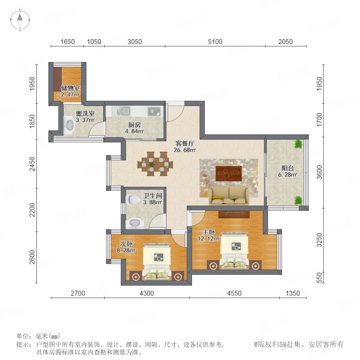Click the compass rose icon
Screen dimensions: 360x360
tap(20, 20)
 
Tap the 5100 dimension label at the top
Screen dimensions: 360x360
tap(215, 42)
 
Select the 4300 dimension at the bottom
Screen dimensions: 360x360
tap(147, 293)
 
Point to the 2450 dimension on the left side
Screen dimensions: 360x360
tap(32, 164)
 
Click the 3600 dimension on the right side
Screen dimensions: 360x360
tap(319, 172)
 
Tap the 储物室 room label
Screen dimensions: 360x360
tap(70, 88)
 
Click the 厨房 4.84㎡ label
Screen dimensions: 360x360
tap(134, 128)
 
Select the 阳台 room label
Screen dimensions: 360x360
tap(288, 168)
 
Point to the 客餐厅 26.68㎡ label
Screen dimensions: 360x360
tap(185, 147)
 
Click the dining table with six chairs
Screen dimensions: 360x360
tap(155, 164)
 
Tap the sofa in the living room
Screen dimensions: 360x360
tap(229, 196)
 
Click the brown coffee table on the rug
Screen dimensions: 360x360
tap(229, 173)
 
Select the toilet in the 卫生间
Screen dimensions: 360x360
tap(133, 200)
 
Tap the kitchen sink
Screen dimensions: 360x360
tap(125, 111)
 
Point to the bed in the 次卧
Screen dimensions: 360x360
tap(157, 262)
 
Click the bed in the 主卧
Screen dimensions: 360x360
tap(234, 251)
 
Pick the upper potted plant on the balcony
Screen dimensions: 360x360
tap(298, 144)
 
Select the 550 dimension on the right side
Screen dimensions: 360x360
tap(319, 277)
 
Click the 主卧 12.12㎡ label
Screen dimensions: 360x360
tap(208, 235)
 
